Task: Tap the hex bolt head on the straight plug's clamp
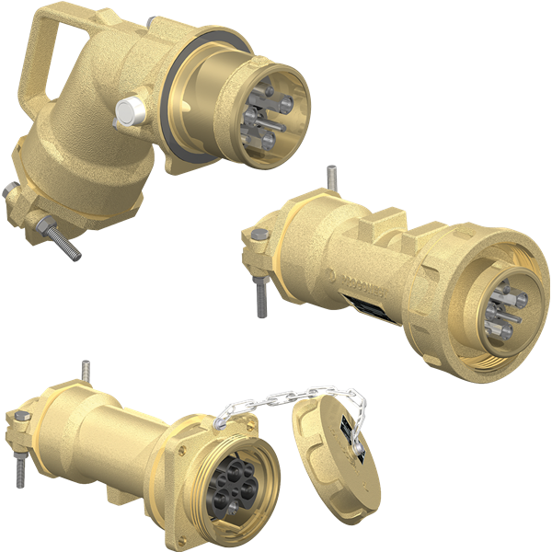pos(251,242)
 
